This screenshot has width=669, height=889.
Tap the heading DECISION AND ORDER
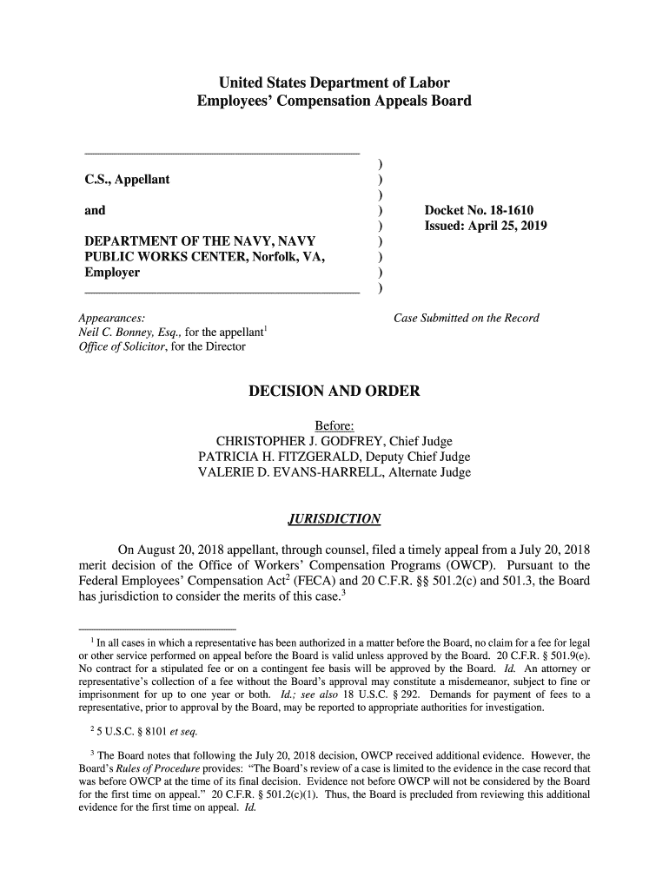[334, 391]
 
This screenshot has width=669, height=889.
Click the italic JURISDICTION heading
[334, 519]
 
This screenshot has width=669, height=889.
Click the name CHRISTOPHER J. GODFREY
[295, 441]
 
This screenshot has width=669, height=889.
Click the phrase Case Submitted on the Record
[467, 318]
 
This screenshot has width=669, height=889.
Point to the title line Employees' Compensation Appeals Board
[334, 102]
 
